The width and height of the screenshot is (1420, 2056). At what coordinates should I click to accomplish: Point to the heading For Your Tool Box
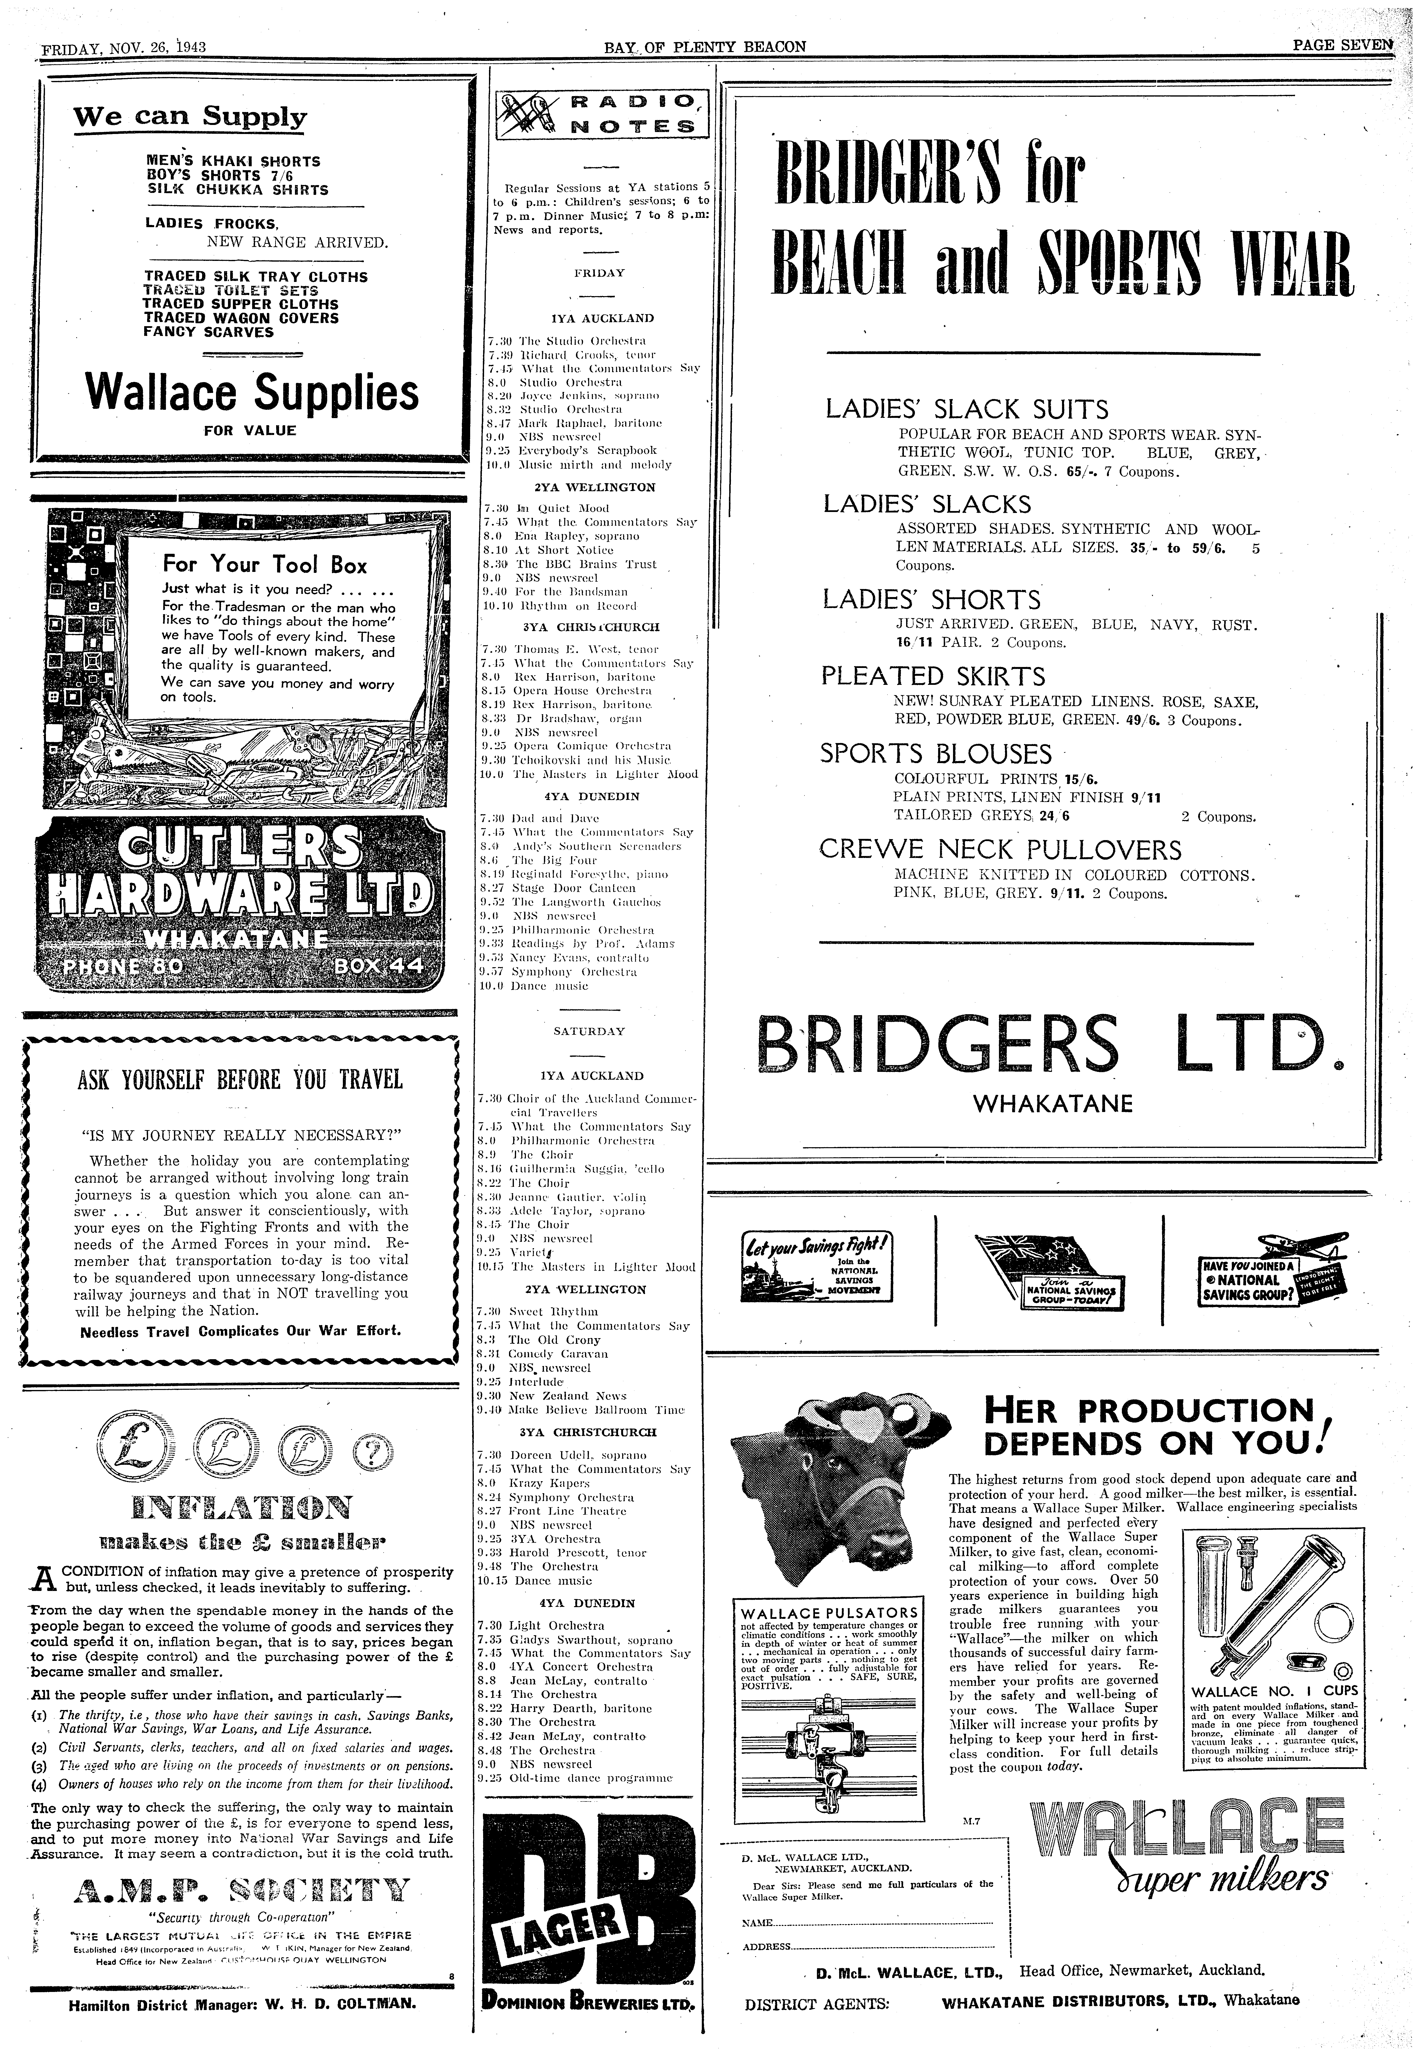click(264, 564)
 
